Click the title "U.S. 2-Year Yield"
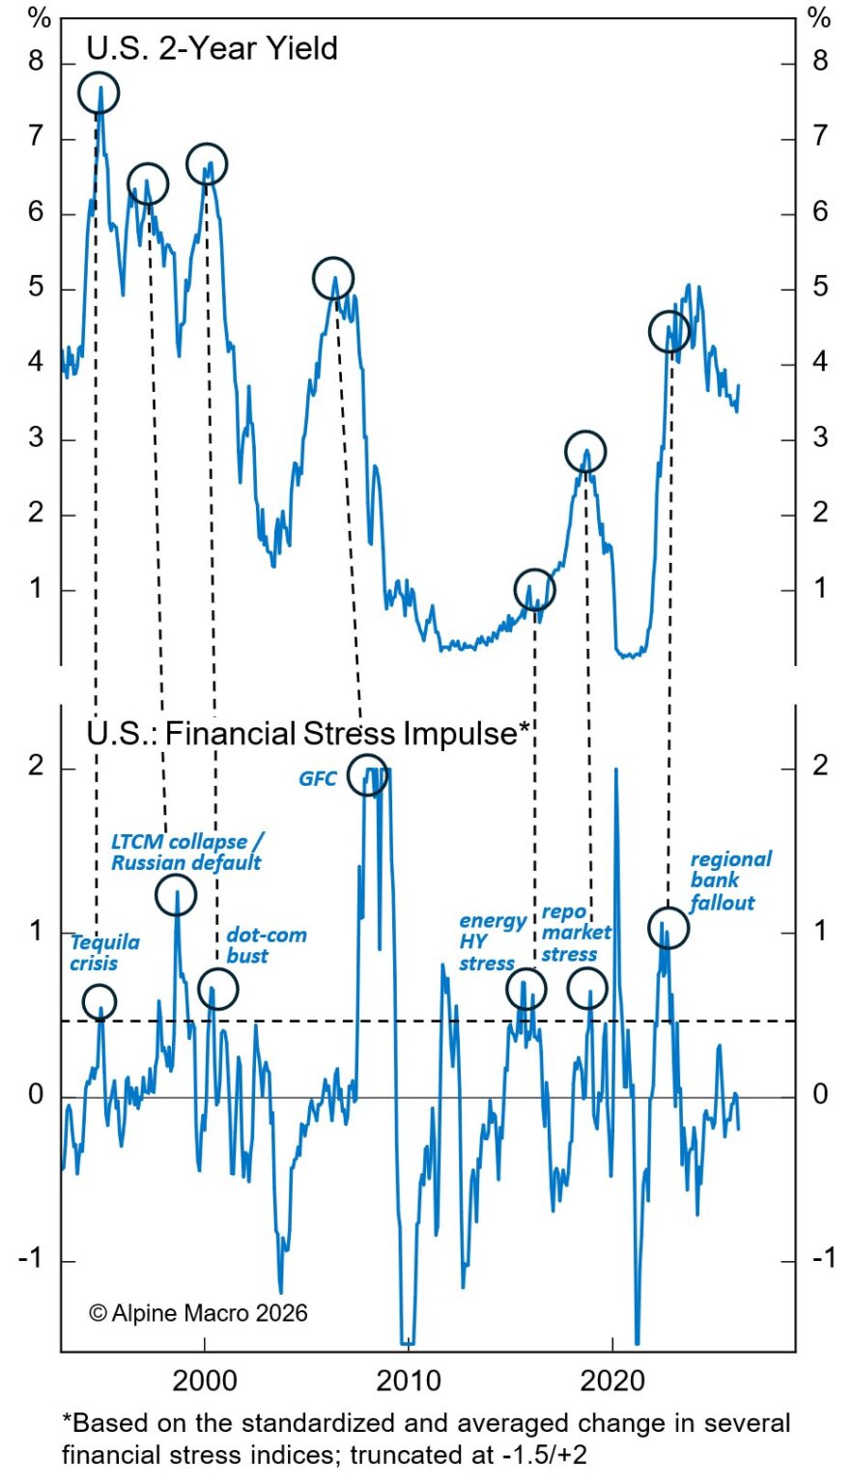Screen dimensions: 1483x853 point(212,48)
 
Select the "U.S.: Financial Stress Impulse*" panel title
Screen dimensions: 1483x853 point(308,733)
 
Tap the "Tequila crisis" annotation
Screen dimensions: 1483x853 point(104,952)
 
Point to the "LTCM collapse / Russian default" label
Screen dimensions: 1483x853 point(186,852)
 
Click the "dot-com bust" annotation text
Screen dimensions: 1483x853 point(266,945)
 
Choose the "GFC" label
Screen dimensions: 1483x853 point(318,777)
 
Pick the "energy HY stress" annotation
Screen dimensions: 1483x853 point(492,941)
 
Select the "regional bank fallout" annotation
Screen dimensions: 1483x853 point(729,880)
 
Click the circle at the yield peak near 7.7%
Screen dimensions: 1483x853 point(99,94)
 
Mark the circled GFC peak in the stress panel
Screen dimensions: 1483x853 point(368,773)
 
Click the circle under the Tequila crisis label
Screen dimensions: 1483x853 point(99,1001)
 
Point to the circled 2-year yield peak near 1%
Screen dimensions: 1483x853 point(534,589)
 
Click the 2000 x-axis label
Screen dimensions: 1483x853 point(205,1381)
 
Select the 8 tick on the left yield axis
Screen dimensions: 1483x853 point(38,62)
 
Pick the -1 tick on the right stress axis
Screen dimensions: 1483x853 point(822,1257)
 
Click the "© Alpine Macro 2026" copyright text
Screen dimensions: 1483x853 point(198,1312)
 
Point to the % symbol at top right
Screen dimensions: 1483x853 point(819,17)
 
